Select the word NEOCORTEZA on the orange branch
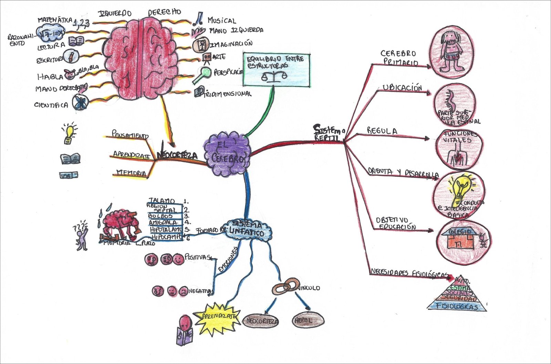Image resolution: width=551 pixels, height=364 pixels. pyautogui.click(x=177, y=155)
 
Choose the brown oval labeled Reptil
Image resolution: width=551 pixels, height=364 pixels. pyautogui.click(x=308, y=321)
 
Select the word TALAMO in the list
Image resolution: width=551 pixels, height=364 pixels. pyautogui.click(x=162, y=201)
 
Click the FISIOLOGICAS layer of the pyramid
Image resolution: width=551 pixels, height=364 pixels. pyautogui.click(x=457, y=306)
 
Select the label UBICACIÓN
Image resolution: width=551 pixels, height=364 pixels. pyautogui.click(x=402, y=88)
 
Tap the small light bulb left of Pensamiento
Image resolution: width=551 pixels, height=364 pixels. pyautogui.click(x=69, y=134)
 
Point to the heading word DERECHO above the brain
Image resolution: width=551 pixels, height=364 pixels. pyautogui.click(x=164, y=12)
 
